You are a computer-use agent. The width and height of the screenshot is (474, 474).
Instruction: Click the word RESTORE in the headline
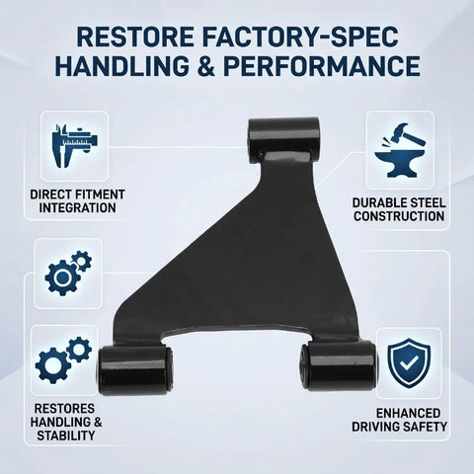coord(135,37)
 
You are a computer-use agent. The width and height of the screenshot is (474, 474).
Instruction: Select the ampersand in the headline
coord(206,66)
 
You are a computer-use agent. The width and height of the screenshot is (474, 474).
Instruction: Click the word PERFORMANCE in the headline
coord(322,66)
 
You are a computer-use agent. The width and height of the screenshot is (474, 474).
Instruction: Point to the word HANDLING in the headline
coord(121,66)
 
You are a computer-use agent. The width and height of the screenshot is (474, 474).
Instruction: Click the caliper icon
coord(75,146)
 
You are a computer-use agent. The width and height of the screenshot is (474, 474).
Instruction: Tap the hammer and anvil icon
coord(400,151)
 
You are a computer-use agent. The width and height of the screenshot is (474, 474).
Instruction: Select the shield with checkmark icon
coord(409,363)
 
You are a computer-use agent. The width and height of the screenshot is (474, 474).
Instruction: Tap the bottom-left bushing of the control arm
coord(135,369)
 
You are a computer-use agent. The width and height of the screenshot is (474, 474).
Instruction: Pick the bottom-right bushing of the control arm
coord(339,366)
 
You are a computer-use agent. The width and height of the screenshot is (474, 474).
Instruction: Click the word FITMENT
coord(100,195)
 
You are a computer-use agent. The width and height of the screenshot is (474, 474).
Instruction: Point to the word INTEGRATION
coord(77,208)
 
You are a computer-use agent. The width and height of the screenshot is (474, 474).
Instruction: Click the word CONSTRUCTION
coord(399,216)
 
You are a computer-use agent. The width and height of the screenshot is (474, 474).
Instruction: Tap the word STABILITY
coord(66,435)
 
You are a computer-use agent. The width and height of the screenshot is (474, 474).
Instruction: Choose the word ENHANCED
coord(408,413)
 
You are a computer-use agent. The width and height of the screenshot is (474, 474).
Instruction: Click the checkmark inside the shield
coord(409,362)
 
